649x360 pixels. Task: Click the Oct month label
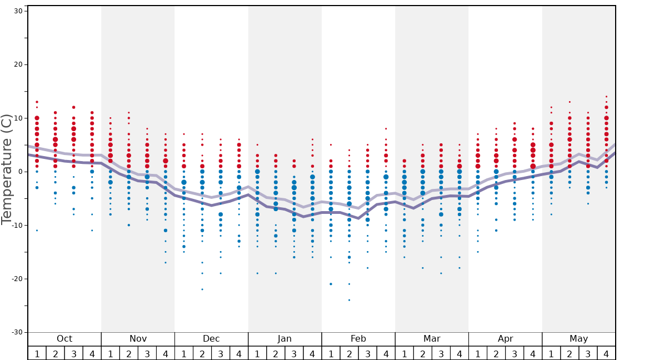64,339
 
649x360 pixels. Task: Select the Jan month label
284,339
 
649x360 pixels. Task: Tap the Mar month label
432,339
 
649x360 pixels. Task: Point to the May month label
578,339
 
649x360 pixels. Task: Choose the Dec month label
211,339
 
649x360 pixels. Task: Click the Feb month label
358,339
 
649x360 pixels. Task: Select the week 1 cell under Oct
37,353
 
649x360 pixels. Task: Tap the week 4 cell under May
606,353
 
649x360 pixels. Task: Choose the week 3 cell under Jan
294,353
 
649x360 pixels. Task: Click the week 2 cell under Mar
422,353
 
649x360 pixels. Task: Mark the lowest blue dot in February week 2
349,300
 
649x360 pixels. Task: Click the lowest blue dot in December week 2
202,289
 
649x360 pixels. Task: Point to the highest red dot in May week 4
606,97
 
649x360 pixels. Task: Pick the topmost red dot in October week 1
37,102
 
